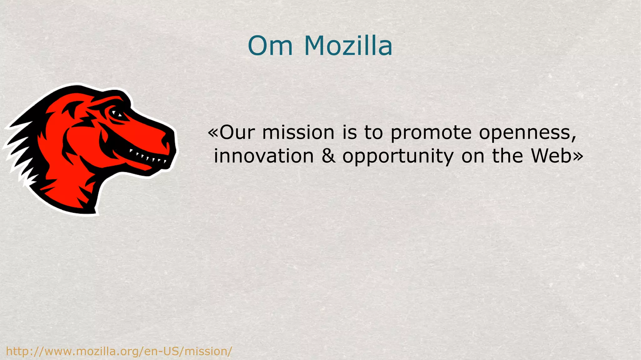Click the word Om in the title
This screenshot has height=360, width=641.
[270, 46]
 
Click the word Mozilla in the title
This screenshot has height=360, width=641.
[348, 46]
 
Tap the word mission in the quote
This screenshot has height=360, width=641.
[298, 132]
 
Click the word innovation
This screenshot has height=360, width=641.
[264, 156]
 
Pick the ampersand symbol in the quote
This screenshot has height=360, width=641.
[328, 156]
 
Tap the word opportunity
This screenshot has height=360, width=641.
[398, 157]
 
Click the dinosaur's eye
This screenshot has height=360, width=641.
[118, 114]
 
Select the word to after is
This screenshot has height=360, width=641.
[374, 132]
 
